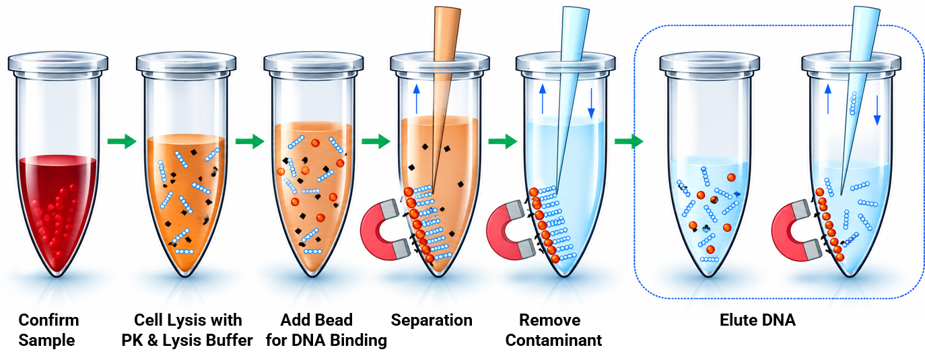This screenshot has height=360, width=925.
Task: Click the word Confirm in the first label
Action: (x=48, y=320)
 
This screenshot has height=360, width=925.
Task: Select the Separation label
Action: (x=432, y=320)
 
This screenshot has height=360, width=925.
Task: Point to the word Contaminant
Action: (x=553, y=340)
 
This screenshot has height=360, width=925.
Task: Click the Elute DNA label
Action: (x=757, y=320)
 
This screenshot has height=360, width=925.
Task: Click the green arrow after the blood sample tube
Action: (x=122, y=141)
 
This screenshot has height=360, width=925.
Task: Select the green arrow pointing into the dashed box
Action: (x=629, y=141)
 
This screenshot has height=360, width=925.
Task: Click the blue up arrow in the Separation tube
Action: (x=416, y=99)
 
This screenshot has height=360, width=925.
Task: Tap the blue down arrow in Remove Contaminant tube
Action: (x=591, y=103)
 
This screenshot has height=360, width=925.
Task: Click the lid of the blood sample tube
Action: (x=58, y=62)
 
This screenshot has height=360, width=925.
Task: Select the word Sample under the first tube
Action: (x=46, y=340)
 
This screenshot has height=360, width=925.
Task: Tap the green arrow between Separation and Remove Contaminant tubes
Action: (x=502, y=141)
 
